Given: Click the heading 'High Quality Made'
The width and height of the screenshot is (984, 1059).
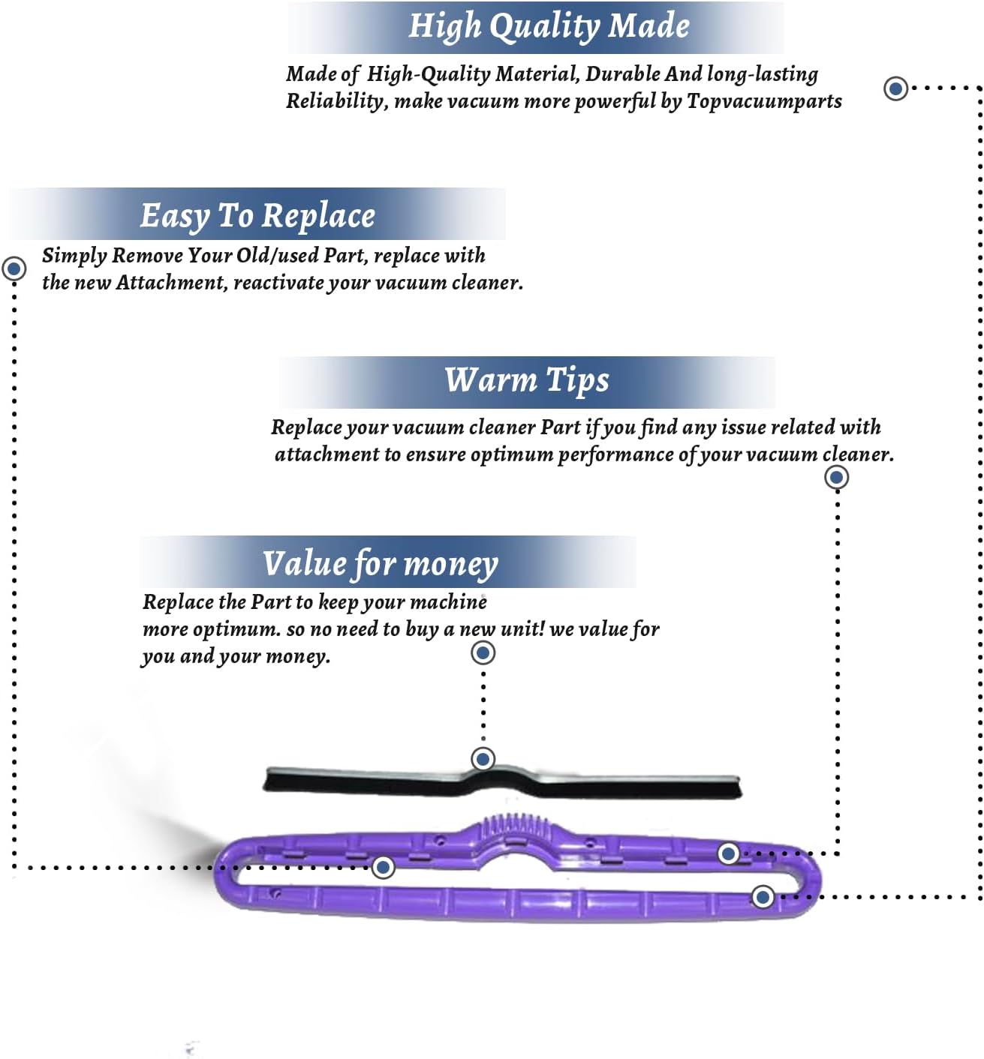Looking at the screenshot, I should (x=549, y=25).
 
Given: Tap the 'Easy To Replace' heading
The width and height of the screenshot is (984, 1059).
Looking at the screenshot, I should (x=257, y=215).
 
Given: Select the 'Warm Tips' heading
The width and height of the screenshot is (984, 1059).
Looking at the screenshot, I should (x=526, y=379).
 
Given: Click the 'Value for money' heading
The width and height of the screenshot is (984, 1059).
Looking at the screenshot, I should (x=380, y=563).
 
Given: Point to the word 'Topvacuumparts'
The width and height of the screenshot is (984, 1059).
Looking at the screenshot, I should (x=764, y=101).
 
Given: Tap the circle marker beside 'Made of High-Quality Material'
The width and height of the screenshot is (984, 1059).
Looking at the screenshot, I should (x=895, y=88).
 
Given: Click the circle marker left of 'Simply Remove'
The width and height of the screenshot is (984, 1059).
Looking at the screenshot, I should (x=14, y=268).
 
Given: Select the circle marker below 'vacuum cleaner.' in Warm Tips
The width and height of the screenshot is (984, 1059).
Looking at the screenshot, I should (x=836, y=477).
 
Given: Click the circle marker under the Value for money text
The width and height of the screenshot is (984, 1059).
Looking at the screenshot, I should (x=483, y=652).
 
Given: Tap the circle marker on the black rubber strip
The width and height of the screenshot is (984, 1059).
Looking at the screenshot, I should (x=483, y=759).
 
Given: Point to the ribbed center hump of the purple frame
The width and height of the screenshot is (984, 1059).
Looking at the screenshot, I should (x=513, y=829).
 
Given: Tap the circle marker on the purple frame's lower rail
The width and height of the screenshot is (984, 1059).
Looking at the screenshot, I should (x=763, y=896).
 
